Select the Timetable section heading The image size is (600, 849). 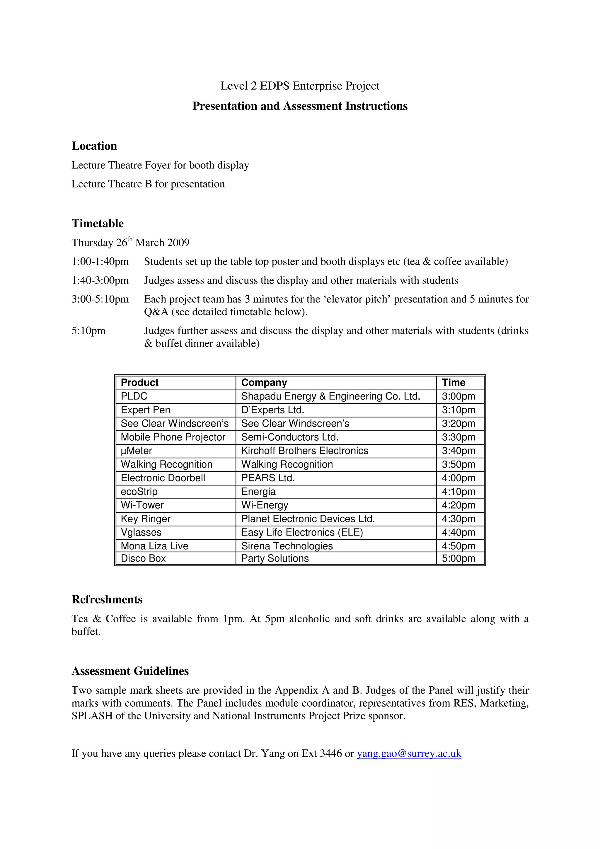[98, 223]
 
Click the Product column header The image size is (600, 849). [139, 383]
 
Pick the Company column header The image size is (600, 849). [264, 383]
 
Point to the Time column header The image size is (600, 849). [454, 383]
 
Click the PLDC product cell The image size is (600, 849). [134, 396]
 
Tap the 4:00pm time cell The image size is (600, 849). [458, 478]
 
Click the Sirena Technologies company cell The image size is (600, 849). [287, 546]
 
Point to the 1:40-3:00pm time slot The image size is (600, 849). [100, 281]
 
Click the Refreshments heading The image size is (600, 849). [107, 600]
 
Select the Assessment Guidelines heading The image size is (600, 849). [130, 671]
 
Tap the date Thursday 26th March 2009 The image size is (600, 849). [130, 243]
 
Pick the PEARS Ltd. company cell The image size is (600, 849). [268, 478]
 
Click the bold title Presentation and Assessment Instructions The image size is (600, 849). [300, 106]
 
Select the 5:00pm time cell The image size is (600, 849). [458, 558]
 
